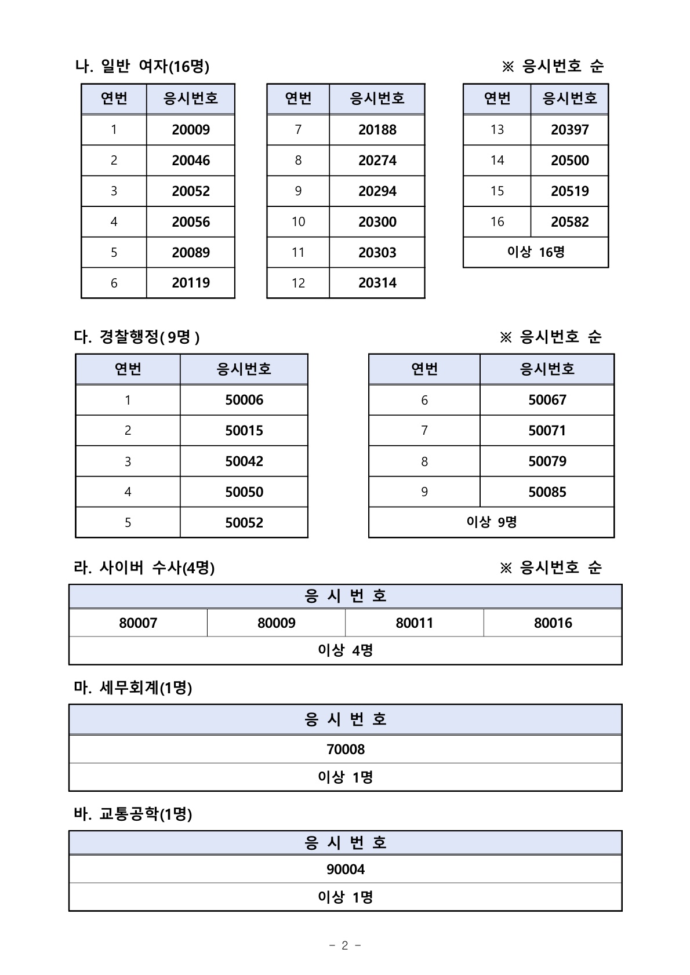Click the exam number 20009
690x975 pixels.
191,130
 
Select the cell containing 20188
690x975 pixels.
377,130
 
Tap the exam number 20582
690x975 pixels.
569,222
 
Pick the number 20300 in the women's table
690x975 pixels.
377,222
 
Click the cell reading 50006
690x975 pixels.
244,400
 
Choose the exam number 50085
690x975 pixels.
547,492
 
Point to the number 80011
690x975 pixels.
414,623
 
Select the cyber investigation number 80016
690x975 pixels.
553,623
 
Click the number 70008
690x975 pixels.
346,750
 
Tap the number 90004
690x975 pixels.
346,870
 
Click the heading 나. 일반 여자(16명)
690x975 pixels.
143,67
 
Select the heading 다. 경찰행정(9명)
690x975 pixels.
137,337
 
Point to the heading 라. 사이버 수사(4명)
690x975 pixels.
144,567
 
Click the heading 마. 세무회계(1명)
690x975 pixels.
133,688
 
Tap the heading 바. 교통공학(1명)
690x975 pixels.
133,814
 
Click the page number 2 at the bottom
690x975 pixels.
345,945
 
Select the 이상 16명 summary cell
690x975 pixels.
536,252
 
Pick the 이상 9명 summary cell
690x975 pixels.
491,522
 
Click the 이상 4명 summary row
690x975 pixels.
346,650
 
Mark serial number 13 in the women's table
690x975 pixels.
497,130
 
